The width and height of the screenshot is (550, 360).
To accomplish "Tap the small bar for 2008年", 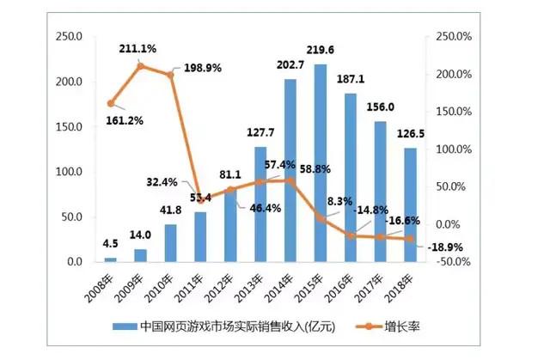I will coord(110,259).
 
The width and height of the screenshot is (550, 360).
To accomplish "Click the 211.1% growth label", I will coord(138,49).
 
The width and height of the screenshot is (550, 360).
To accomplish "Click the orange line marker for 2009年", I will coord(140,66).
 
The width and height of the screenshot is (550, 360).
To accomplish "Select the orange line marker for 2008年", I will coord(110,103).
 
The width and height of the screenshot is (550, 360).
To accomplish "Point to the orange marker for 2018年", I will coord(410,239).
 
